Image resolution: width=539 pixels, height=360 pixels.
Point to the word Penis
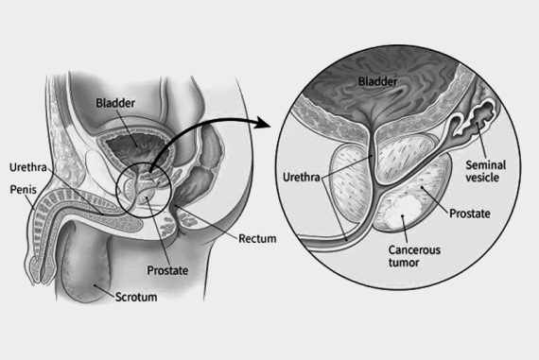pyautogui.click(x=24, y=190)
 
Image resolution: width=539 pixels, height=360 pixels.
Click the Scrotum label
pyautogui.click(x=135, y=297)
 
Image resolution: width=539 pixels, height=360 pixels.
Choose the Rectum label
pyautogui.click(x=257, y=238)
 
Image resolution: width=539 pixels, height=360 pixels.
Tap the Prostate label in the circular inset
pyautogui.click(x=470, y=214)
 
